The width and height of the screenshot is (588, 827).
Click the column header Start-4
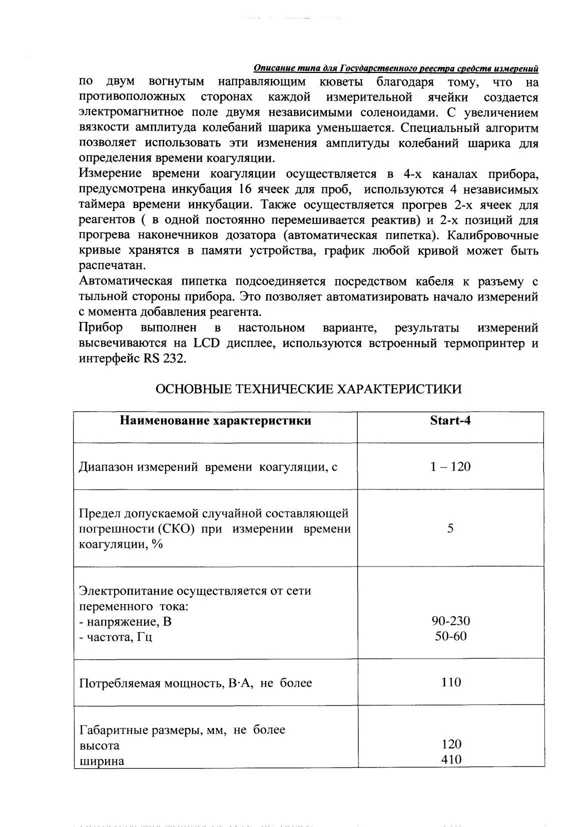coord(450,420)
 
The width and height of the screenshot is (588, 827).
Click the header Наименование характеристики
coord(216,420)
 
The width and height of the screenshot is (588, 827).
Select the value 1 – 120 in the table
coord(450,467)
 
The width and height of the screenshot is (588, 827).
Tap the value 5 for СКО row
coord(450,528)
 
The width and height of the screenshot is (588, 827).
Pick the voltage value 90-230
coord(450,621)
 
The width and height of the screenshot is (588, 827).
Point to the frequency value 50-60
coord(450,637)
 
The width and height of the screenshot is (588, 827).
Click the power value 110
coord(450,682)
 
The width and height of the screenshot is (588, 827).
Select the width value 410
coord(450,760)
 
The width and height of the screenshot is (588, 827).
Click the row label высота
coord(100,745)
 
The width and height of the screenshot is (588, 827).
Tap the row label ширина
coord(102,761)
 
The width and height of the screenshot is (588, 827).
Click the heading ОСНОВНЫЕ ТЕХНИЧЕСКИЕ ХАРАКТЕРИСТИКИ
coord(309,389)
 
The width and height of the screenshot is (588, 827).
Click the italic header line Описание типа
coord(396,68)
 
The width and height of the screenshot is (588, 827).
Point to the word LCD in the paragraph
coord(203,344)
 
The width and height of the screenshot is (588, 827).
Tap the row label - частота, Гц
coord(116,637)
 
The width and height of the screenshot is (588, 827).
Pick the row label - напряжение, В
coord(125,622)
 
